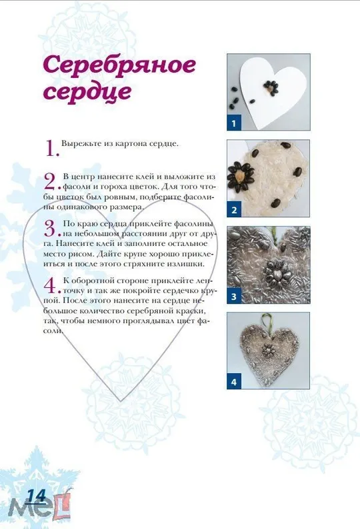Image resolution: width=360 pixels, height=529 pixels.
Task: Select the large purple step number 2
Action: coord(51,181)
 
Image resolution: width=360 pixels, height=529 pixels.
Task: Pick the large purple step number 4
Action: coord(51,286)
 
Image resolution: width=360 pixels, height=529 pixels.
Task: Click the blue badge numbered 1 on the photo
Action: coord(234,123)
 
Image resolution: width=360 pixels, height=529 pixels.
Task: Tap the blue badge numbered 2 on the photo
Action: coord(234,211)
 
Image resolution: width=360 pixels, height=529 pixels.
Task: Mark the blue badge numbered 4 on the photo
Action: coord(234,382)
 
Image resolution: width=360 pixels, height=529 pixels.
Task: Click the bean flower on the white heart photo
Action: coord(271,86)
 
